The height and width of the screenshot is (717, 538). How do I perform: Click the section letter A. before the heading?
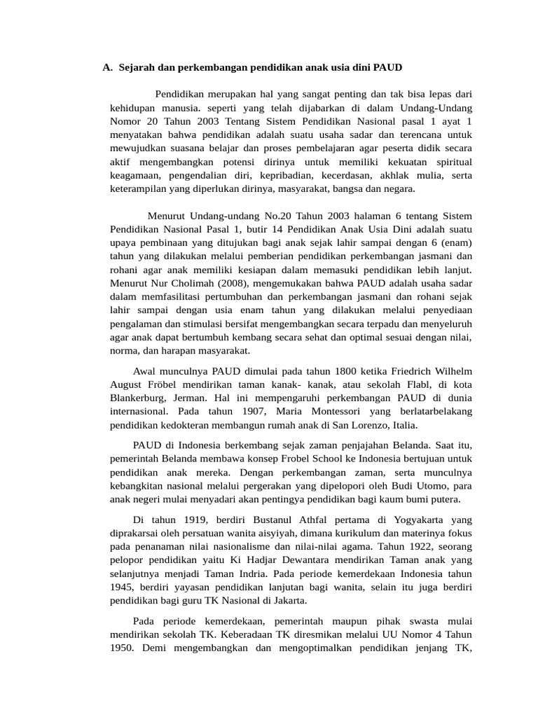tap(107, 68)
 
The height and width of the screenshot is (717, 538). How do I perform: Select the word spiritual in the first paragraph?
tap(451, 162)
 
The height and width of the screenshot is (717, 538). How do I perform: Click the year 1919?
tap(193, 520)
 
